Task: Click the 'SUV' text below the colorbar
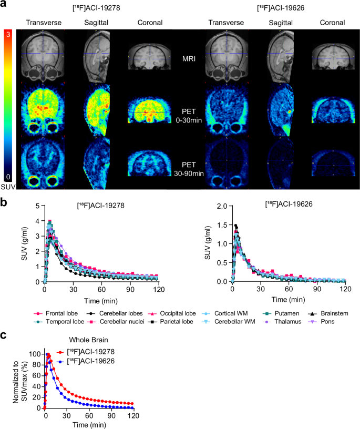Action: pyautogui.click(x=8, y=186)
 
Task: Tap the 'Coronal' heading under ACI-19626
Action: pyautogui.click(x=331, y=23)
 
